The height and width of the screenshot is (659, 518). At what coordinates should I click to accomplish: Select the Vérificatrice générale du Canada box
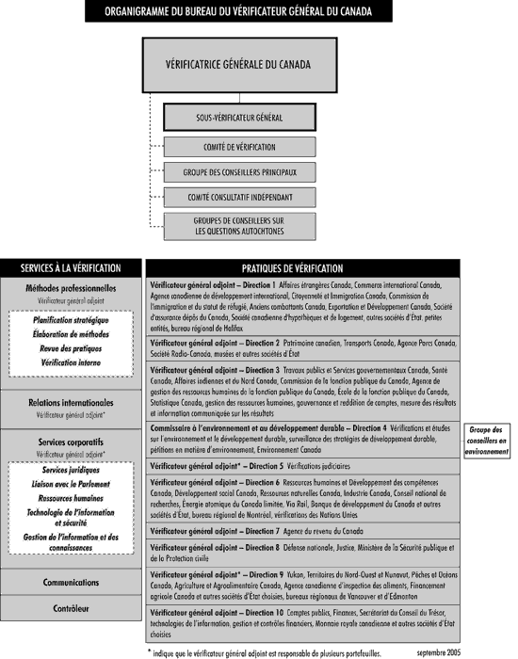point(238,68)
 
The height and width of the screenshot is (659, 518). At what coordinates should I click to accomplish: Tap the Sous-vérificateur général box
point(238,119)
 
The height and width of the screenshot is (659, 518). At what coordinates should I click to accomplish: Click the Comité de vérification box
point(238,148)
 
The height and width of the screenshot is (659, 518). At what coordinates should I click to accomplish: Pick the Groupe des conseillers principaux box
point(238,172)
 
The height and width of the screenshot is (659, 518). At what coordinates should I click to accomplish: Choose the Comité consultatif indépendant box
point(238,198)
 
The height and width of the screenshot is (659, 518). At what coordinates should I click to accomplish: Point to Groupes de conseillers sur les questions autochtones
point(238,225)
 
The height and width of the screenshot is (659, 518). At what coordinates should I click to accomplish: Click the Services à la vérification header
point(71,268)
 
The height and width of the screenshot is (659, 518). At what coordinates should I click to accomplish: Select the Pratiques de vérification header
point(305,268)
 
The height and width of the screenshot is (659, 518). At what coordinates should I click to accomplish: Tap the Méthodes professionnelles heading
point(71,287)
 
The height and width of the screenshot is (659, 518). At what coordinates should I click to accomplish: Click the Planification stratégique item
point(71,319)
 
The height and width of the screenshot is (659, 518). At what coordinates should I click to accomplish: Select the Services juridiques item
point(71,470)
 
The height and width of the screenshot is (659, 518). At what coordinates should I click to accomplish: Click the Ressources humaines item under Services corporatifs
point(71,497)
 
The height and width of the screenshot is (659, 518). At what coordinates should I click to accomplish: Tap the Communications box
point(71,583)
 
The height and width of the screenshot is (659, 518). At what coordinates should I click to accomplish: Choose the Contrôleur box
point(71,608)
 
